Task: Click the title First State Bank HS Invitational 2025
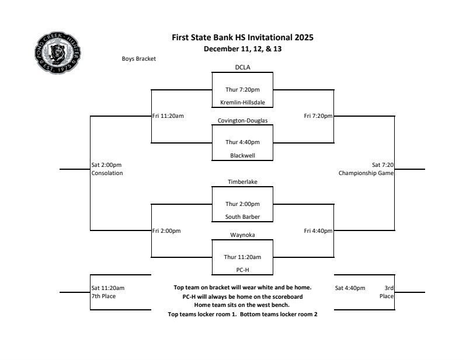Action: [x=242, y=37]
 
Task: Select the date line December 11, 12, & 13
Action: [x=242, y=49]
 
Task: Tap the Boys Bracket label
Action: [x=138, y=59]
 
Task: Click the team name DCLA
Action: [x=242, y=68]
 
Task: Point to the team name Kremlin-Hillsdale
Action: [x=242, y=103]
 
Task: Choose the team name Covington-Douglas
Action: [x=242, y=121]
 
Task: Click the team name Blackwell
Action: [x=242, y=156]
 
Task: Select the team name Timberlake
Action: [x=242, y=182]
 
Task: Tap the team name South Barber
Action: [x=242, y=217]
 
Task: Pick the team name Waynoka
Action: [x=242, y=235]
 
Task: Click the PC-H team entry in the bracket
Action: [x=242, y=270]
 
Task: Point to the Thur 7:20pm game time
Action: [x=242, y=90]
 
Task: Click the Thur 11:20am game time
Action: [x=242, y=257]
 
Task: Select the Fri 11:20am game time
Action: [x=168, y=116]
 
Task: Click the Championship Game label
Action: [x=366, y=173]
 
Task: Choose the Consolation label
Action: [x=107, y=173]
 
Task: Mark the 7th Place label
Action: [x=103, y=296]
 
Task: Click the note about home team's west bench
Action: [x=242, y=305]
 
